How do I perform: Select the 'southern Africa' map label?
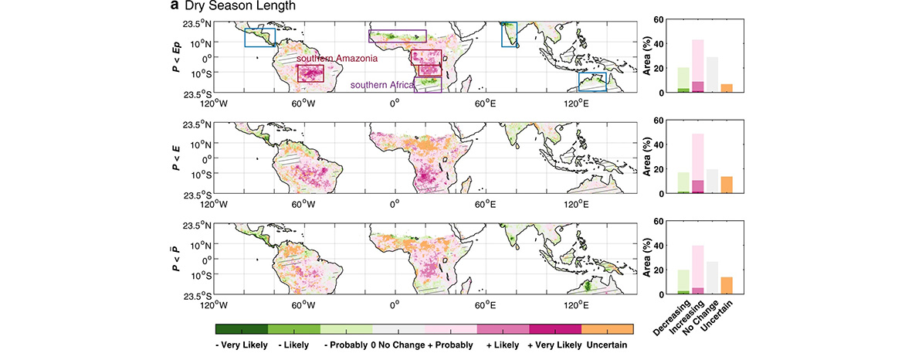[x=381, y=85]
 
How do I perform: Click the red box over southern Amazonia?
[x=310, y=73]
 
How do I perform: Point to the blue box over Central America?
[x=259, y=38]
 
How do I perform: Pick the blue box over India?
[x=510, y=35]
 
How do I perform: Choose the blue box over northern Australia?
[x=593, y=83]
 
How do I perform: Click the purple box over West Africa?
[x=397, y=36]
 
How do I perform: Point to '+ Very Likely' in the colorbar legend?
[x=554, y=343]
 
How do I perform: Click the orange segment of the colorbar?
[x=608, y=329]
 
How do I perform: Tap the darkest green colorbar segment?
[x=242, y=329]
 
